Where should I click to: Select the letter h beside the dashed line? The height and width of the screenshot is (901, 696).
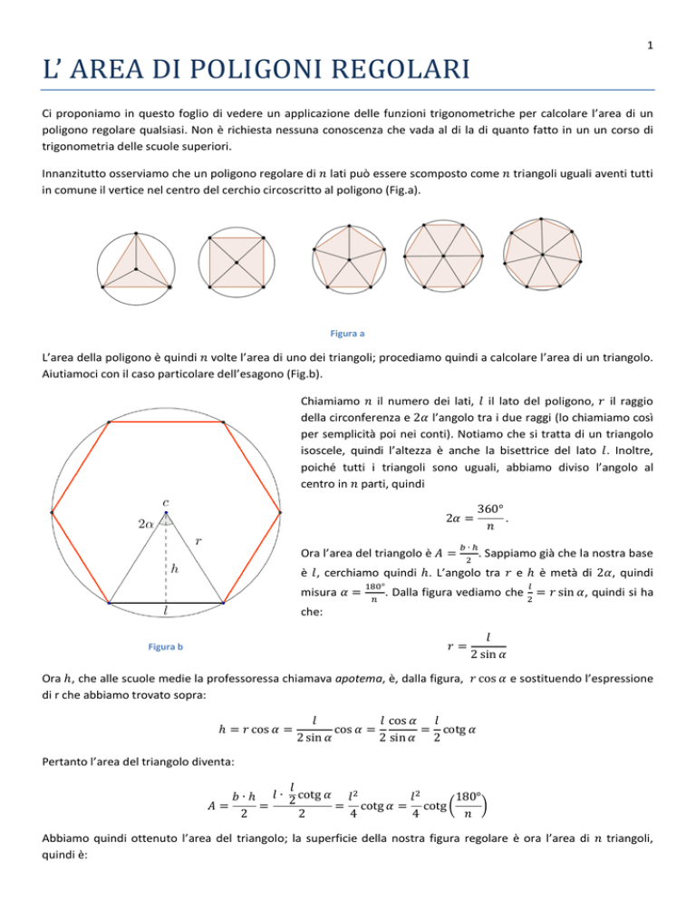pyautogui.click(x=174, y=570)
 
